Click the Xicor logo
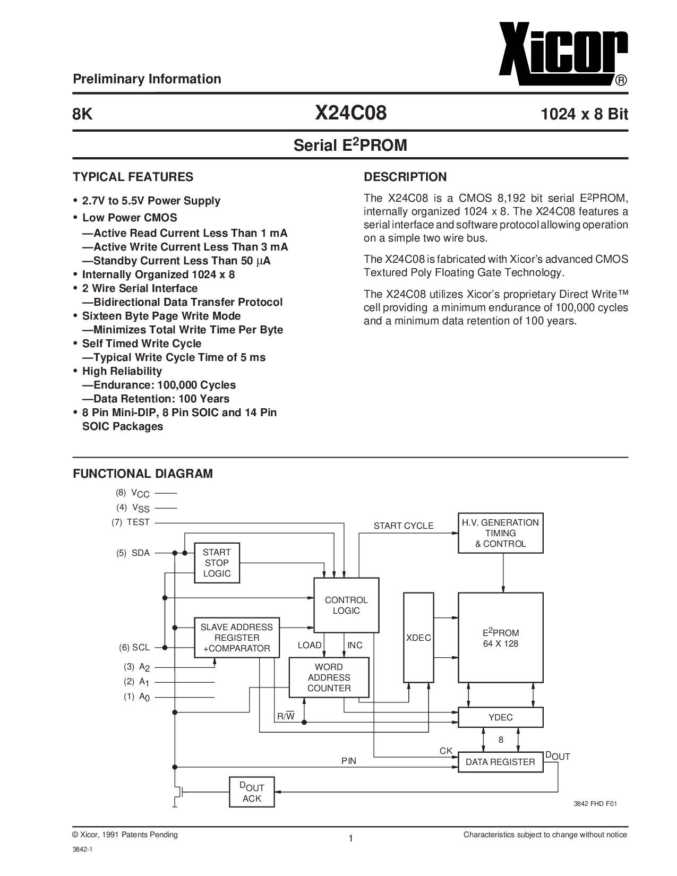pos(563,54)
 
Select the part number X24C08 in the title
pos(350,113)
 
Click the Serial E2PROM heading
pos(350,145)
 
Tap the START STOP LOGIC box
pos(217,563)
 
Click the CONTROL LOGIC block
pos(346,605)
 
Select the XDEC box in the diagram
pos(418,637)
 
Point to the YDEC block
pos(500,717)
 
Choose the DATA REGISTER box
pos(500,762)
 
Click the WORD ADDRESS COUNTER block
pos(329,677)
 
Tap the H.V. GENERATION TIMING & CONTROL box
pos(500,533)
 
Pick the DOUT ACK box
pos(252,792)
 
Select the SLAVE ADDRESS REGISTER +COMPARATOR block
pos(237,638)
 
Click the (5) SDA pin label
pos(133,553)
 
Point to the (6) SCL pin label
pos(134,647)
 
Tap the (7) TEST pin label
pos(131,522)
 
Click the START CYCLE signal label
pos(403,526)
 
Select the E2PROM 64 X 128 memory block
pos(500,637)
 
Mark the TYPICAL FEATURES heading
pos(133,177)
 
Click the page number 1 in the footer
pos(350,838)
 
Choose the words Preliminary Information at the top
pos(147,79)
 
